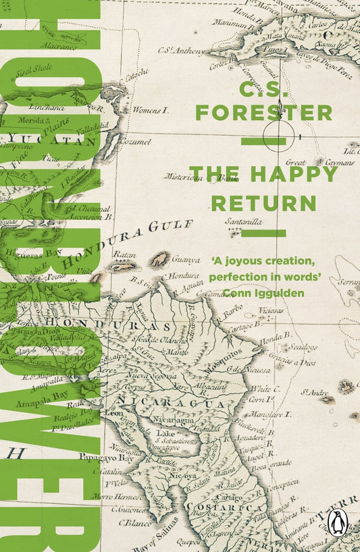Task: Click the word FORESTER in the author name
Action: tap(263, 112)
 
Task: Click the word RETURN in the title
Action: tap(263, 202)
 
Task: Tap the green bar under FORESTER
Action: tap(263, 141)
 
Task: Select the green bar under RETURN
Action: tap(263, 233)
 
